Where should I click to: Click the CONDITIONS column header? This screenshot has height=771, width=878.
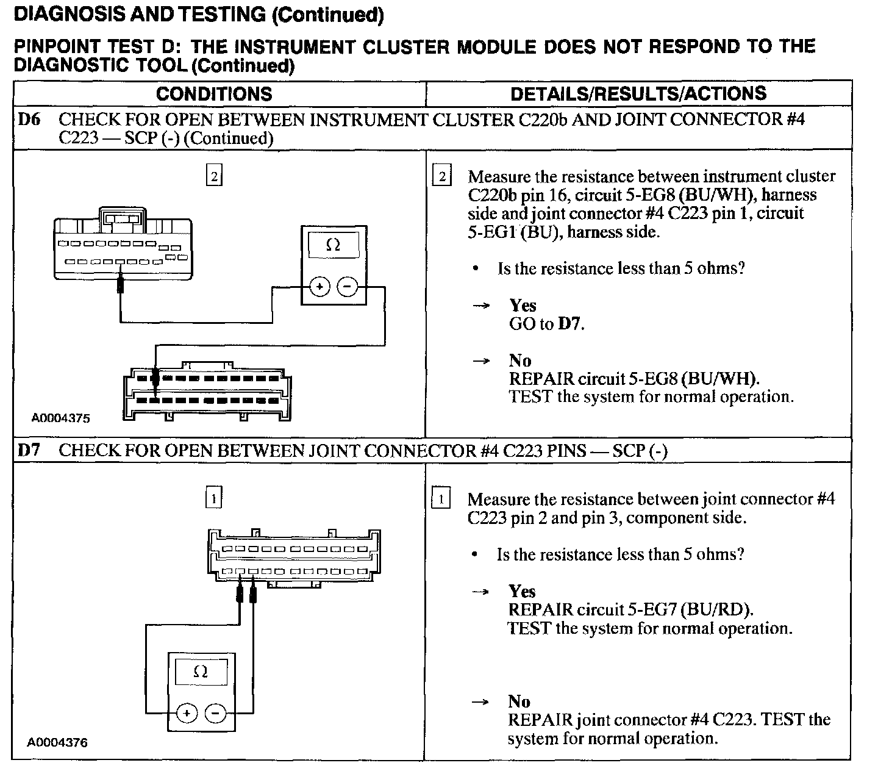(214, 94)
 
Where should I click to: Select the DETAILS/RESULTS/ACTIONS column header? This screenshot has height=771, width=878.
(638, 94)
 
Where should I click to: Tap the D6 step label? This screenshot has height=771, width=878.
(29, 120)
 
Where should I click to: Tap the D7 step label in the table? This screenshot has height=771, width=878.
(29, 450)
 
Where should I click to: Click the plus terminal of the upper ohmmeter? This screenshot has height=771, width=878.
(320, 287)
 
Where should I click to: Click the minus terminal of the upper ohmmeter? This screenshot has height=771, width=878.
(348, 287)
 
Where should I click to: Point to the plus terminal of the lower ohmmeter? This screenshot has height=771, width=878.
(187, 713)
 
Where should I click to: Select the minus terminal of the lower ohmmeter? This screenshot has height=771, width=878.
(215, 713)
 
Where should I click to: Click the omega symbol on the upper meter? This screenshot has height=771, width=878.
(333, 245)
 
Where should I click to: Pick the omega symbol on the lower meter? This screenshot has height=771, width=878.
(200, 672)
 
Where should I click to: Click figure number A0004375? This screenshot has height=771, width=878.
(61, 418)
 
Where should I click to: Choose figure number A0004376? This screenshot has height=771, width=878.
(57, 742)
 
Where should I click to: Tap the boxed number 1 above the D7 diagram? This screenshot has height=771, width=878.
(213, 497)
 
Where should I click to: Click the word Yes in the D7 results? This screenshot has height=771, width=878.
(522, 591)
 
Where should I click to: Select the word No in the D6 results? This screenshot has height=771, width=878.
(520, 360)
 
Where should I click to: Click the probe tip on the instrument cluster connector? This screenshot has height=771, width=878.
(120, 274)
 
